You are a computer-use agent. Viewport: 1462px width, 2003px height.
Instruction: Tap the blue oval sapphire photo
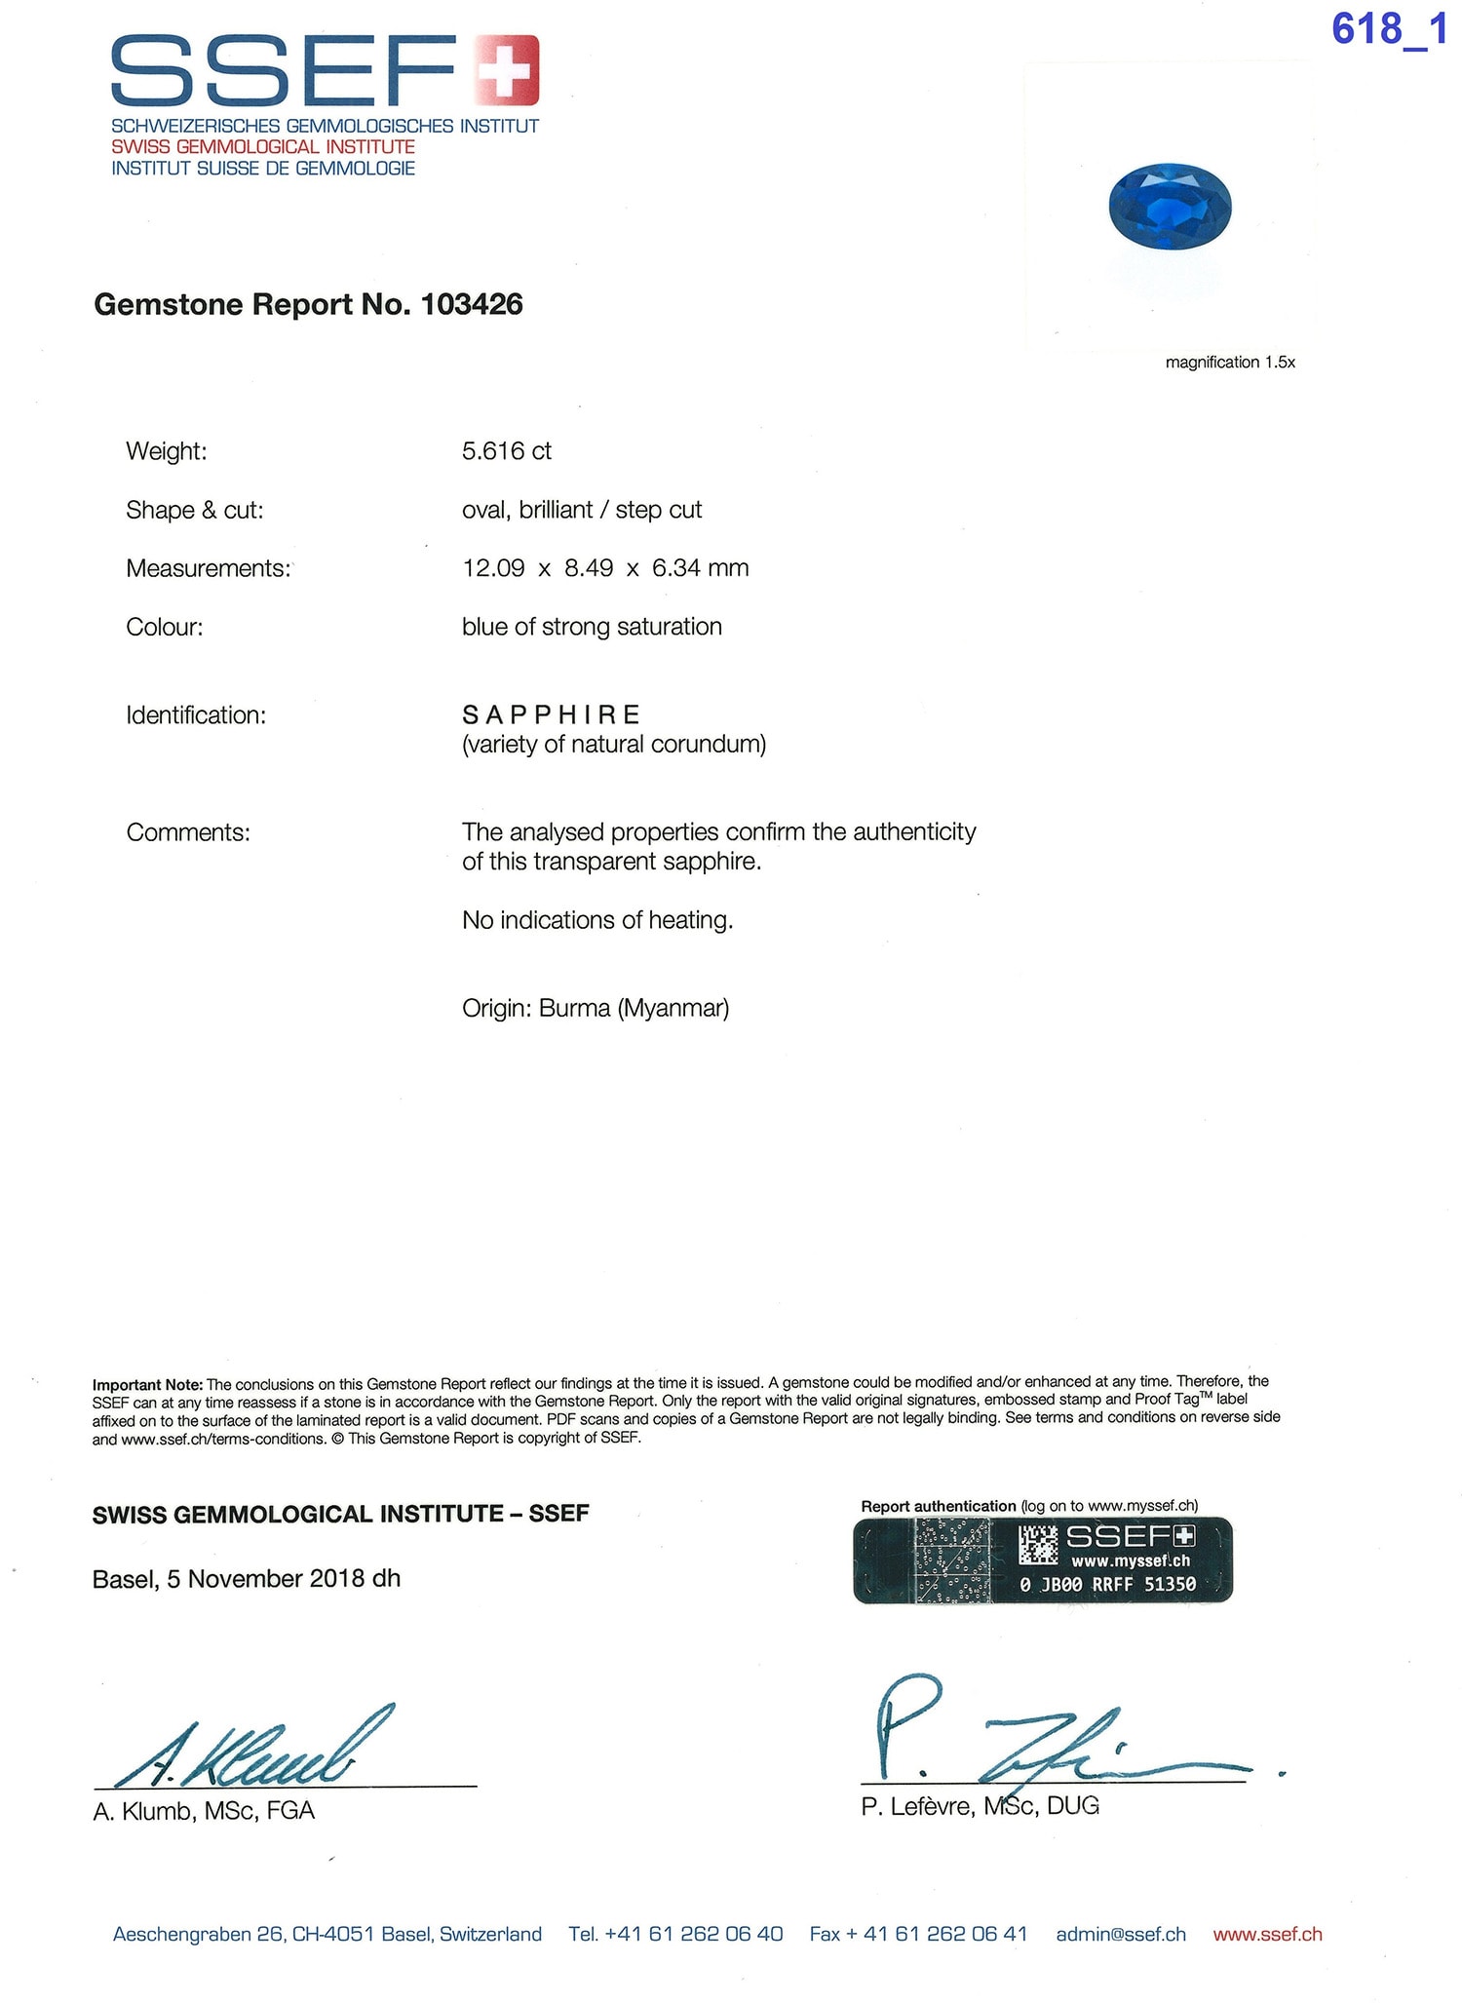(1170, 206)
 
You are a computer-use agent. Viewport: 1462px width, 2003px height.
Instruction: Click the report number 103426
(472, 305)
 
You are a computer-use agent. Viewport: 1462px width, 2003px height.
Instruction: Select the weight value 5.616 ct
(507, 451)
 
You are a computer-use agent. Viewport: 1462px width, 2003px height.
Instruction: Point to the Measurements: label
(209, 569)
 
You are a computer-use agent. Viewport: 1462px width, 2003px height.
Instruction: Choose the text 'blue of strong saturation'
(592, 627)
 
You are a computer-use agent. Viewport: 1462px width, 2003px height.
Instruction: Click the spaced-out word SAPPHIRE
(551, 715)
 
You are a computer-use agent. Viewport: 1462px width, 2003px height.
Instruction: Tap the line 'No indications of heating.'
(597, 920)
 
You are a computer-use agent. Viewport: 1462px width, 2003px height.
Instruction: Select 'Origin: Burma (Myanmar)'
(596, 1008)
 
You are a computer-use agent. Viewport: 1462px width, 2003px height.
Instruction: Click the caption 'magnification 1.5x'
(1230, 363)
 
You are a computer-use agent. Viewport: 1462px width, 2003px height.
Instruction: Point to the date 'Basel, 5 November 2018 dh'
(246, 1579)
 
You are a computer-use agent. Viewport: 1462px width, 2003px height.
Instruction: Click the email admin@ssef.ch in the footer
(1121, 1934)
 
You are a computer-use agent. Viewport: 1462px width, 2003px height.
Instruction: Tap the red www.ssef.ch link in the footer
(1267, 1934)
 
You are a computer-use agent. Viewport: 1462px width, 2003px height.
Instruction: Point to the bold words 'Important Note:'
(147, 1384)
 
